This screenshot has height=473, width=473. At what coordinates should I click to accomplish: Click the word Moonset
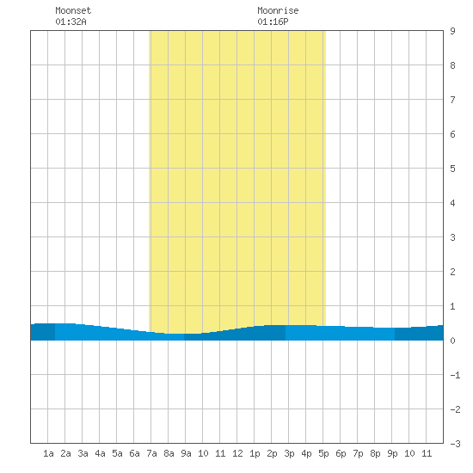click(x=73, y=10)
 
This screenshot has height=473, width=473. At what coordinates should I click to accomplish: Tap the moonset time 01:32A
click(x=71, y=21)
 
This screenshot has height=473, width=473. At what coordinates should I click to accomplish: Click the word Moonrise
click(x=278, y=10)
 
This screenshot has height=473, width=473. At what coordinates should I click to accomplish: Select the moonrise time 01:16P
click(x=273, y=21)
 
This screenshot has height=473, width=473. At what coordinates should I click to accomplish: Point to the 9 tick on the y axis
click(x=452, y=31)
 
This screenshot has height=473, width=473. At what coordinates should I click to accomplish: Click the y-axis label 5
click(x=452, y=169)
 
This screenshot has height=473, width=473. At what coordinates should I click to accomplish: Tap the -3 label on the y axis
click(x=455, y=444)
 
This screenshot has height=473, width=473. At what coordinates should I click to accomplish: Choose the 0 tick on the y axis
click(x=452, y=341)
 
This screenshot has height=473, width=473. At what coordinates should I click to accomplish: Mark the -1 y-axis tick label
click(x=455, y=375)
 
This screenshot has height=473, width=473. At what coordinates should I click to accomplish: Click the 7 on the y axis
click(x=452, y=100)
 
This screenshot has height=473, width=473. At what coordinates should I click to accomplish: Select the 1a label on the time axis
click(x=48, y=453)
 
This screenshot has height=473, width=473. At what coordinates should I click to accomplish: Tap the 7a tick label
click(x=151, y=453)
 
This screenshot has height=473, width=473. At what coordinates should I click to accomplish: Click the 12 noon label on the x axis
click(x=237, y=453)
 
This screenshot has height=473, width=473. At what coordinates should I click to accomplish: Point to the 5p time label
click(x=323, y=453)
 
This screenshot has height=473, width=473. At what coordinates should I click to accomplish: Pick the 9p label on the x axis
click(x=392, y=453)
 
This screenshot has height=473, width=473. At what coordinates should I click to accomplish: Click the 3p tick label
click(x=289, y=453)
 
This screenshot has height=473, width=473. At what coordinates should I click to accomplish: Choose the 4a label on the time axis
click(x=100, y=453)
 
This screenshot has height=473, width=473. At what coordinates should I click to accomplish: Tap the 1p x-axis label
click(x=255, y=453)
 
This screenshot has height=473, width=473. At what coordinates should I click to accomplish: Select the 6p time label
click(x=341, y=453)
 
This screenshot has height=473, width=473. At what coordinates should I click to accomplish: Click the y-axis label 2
click(x=452, y=272)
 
